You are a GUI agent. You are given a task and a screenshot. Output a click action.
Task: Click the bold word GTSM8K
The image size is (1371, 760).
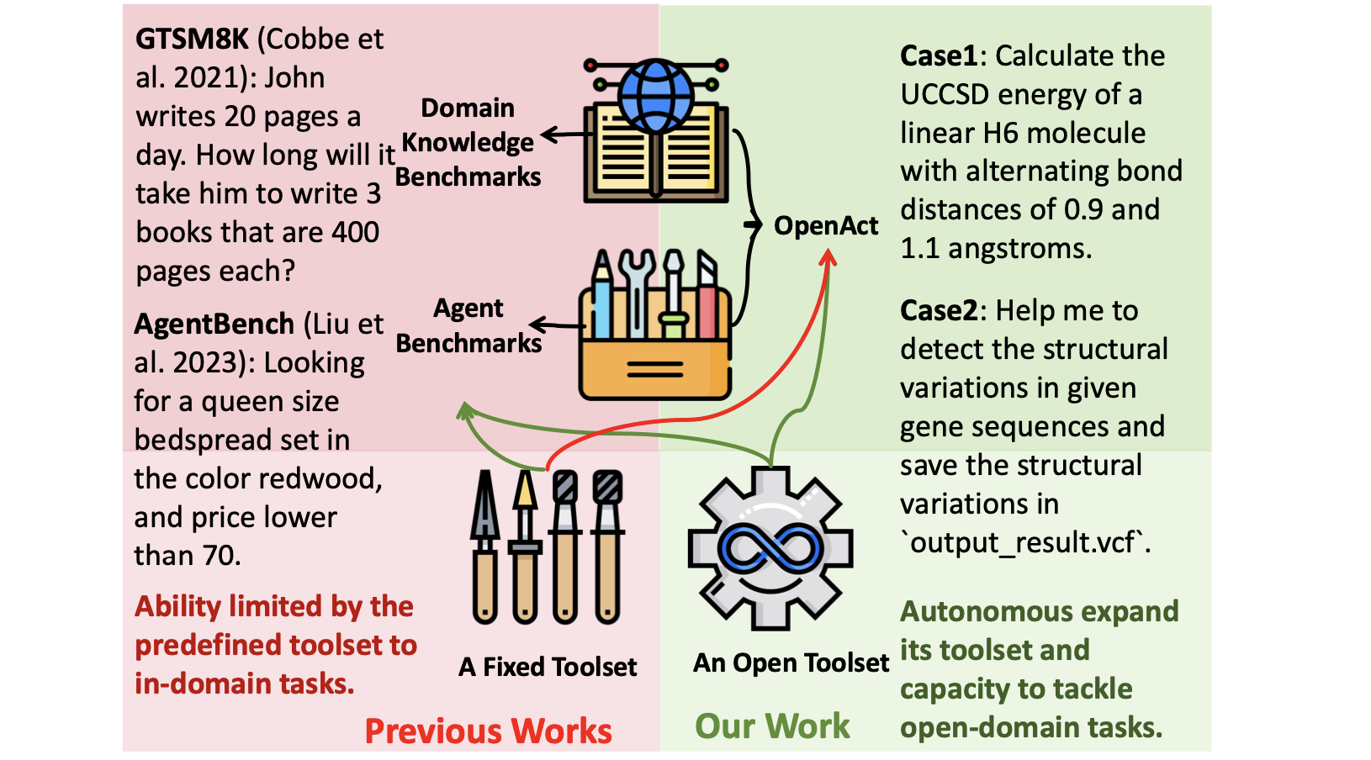coord(193,40)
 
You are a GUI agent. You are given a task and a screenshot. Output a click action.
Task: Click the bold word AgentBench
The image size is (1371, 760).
coord(214,324)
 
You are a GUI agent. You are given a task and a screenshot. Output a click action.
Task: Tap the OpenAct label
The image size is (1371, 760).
coord(825,226)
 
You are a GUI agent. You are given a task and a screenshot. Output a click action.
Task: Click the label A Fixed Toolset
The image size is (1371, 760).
coord(548,668)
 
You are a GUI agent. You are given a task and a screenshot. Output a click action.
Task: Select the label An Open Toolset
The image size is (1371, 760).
coord(791,663)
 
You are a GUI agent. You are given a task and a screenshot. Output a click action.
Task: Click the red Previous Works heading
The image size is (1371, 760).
coord(488,731)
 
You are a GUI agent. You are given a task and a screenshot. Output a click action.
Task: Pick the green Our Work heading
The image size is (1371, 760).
coord(772,726)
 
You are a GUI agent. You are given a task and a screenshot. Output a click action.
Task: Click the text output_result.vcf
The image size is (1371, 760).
coord(1024,543)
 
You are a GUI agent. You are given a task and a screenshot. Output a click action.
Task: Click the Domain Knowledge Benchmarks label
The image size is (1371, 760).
coord(468,143)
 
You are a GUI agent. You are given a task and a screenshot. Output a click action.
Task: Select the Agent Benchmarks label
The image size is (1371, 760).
coord(468,326)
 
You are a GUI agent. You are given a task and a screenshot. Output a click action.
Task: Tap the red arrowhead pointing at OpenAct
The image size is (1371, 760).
coord(828,259)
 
